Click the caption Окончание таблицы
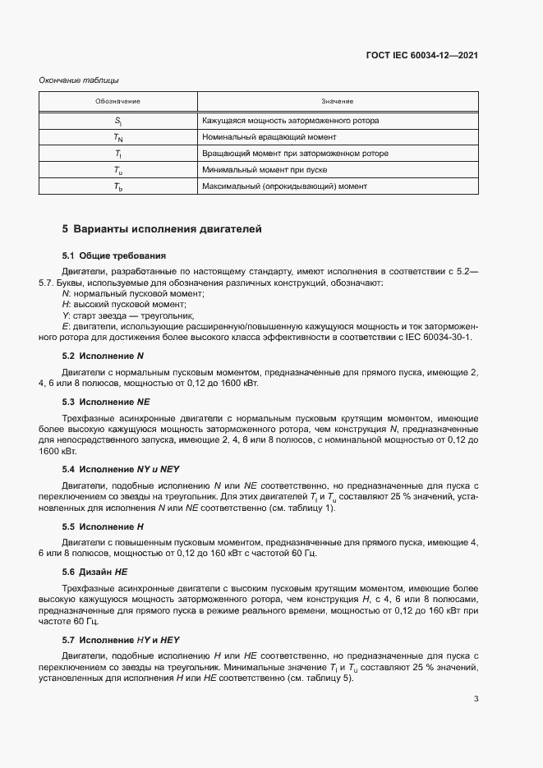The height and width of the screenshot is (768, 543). [79, 80]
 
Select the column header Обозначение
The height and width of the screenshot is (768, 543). [117, 101]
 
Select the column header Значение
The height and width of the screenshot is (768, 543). [338, 101]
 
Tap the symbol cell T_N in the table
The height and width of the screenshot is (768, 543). [117, 137]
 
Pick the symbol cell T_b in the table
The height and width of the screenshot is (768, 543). [117, 186]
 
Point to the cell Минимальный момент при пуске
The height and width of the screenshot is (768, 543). [265, 170]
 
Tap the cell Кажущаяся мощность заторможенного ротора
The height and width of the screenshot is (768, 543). [290, 121]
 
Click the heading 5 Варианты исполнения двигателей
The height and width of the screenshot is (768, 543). [162, 229]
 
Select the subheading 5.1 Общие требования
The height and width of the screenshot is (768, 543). [114, 255]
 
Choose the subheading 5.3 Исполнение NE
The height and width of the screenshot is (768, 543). [106, 402]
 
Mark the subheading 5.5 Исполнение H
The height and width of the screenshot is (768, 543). [104, 526]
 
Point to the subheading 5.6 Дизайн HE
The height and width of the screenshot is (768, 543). [95, 571]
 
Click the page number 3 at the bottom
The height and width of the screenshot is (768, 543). [476, 700]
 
